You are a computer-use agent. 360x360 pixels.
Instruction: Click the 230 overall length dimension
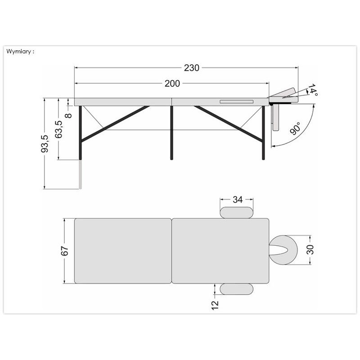(x=192, y=68)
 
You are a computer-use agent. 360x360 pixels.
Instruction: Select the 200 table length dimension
(x=172, y=84)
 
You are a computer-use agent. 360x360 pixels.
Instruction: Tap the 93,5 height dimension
(x=45, y=144)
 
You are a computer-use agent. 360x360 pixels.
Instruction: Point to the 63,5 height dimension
(x=58, y=129)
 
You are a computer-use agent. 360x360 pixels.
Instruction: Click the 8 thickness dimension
(x=69, y=115)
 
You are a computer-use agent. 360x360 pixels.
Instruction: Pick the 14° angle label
(x=312, y=90)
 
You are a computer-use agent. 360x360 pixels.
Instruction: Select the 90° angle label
(x=295, y=128)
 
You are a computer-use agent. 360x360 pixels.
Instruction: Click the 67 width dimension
(x=65, y=251)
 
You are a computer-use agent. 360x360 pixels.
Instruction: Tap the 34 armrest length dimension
(x=238, y=199)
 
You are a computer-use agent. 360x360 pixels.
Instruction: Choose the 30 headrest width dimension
(x=310, y=250)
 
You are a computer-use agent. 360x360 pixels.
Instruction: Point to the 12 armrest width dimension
(x=215, y=306)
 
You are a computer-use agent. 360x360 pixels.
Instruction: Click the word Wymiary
(x=18, y=51)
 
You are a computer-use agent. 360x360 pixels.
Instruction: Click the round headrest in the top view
(x=283, y=250)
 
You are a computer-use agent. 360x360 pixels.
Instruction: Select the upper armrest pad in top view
(x=237, y=212)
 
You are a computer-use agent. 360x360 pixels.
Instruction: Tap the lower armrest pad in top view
(x=237, y=289)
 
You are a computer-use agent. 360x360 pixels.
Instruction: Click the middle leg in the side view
(x=171, y=133)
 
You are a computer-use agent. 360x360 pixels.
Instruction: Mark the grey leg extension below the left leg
(x=81, y=175)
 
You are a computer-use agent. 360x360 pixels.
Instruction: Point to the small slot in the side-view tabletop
(x=237, y=102)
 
